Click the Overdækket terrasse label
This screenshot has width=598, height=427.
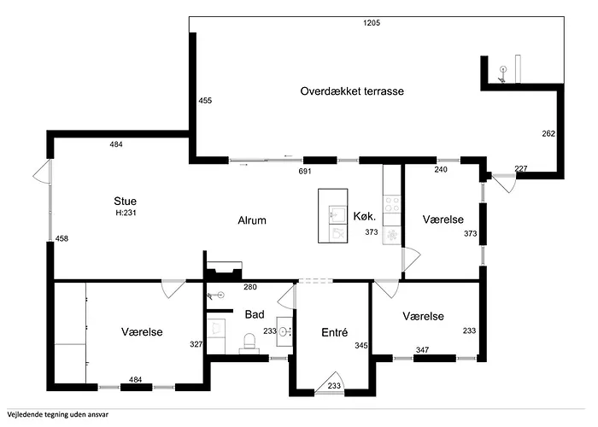tap(352, 91)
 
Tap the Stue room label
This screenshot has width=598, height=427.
tap(125, 201)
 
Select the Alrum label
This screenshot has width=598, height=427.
tap(252, 220)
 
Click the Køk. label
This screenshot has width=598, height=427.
tap(365, 216)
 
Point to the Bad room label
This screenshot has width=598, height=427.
tap(255, 314)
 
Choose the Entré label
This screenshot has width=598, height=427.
tap(335, 332)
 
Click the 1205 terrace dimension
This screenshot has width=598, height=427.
tap(372, 23)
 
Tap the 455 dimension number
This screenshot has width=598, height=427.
tap(205, 101)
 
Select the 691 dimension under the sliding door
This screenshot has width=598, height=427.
tap(305, 171)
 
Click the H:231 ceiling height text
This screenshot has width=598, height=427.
tap(126, 213)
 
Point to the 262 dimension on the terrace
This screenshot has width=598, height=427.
tap(548, 133)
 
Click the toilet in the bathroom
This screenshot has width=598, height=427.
tap(249, 342)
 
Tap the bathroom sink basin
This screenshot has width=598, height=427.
tap(284, 331)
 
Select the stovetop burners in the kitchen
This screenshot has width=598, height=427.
tap(391, 203)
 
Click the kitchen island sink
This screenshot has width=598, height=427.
tap(337, 215)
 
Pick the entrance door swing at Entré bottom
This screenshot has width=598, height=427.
tap(330, 382)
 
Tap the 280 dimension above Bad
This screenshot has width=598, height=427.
tap(250, 287)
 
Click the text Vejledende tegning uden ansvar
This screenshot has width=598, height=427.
tap(57, 414)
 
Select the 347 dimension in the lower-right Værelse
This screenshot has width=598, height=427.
tap(422, 349)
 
